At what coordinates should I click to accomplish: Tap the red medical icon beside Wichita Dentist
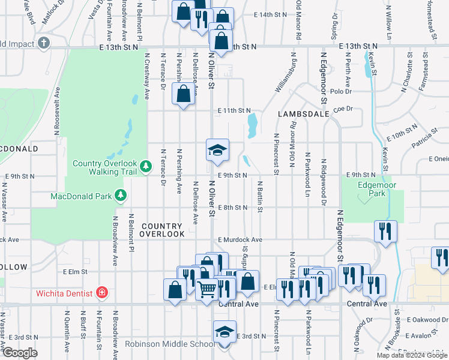tap(102, 293)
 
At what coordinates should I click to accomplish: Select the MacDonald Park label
tap(82, 196)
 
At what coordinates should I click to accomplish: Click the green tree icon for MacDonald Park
tap(121, 196)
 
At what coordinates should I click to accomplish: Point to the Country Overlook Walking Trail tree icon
tap(145, 165)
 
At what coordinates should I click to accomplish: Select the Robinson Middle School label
tap(170, 344)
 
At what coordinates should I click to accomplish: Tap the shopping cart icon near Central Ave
tap(207, 289)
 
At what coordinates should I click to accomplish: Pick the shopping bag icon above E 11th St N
tap(183, 94)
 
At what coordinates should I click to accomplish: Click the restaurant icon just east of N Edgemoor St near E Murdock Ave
tap(384, 231)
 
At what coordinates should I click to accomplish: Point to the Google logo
tap(20, 353)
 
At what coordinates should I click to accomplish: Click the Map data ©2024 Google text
tap(412, 355)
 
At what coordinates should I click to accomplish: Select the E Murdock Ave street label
tap(240, 239)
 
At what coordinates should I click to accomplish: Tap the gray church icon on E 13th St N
tap(43, 43)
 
